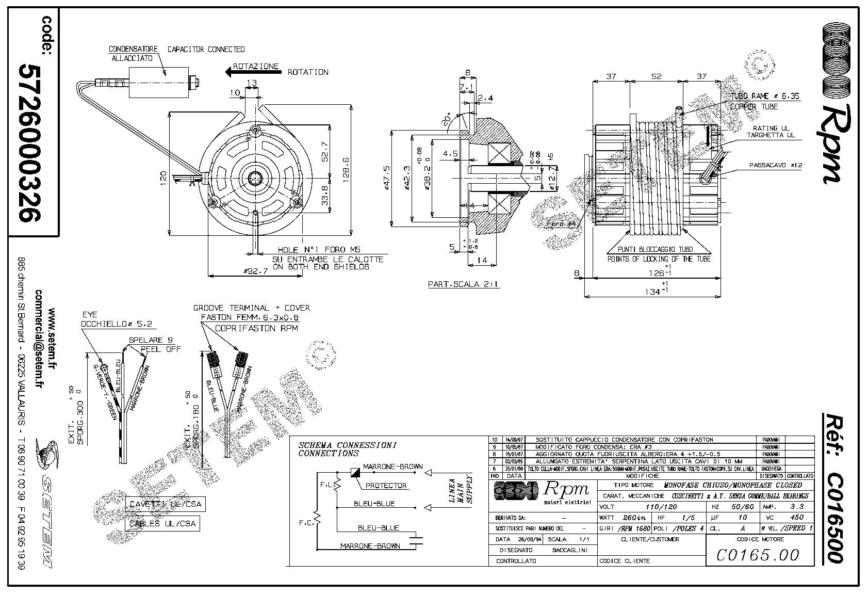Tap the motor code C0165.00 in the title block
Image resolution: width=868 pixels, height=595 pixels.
pyautogui.click(x=758, y=555)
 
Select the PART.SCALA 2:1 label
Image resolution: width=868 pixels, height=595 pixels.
pyautogui.click(x=464, y=284)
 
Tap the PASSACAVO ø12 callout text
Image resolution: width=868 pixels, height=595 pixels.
pyautogui.click(x=776, y=166)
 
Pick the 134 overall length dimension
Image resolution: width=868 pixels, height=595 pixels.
pyautogui.click(x=654, y=292)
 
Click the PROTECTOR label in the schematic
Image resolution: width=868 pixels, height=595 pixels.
pyautogui.click(x=386, y=486)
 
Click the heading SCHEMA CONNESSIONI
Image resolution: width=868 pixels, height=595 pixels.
pyautogui.click(x=347, y=445)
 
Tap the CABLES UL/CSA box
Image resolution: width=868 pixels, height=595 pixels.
pyautogui.click(x=162, y=523)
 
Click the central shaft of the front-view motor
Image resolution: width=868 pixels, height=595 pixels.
pyautogui.click(x=255, y=178)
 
